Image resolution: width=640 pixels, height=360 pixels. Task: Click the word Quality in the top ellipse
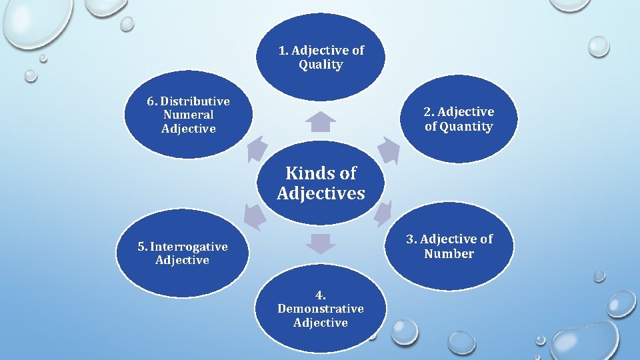coord(321,65)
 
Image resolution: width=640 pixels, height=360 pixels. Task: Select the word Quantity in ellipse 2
coord(467,126)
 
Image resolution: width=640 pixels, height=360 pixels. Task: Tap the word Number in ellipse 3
coord(449,253)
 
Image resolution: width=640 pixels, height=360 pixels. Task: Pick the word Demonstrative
coord(321,309)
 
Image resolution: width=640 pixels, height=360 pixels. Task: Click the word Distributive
coord(195,101)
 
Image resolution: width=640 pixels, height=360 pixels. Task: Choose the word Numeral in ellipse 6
coord(188,115)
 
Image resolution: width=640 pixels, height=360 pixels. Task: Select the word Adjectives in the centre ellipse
coord(321,193)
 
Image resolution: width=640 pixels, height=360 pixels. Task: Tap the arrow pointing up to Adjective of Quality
coord(321,121)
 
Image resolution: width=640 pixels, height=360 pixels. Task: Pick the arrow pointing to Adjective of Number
coord(383,213)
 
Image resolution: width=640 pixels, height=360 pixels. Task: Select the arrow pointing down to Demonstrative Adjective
coord(321,243)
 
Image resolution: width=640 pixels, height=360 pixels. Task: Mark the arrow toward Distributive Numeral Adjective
coord(256,149)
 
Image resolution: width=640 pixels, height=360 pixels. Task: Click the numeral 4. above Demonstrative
coord(321,295)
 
